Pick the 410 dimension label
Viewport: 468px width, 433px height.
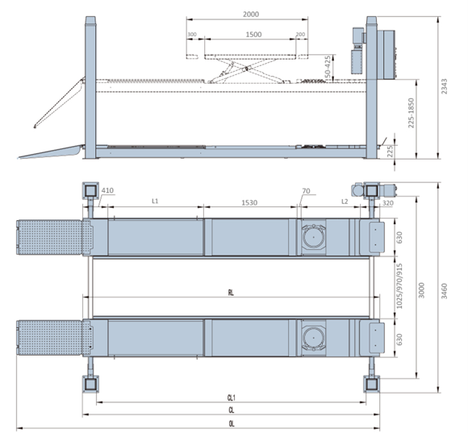tap(107, 191)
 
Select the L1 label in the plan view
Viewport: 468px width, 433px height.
tap(155, 201)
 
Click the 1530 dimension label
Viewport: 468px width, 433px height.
tap(249, 202)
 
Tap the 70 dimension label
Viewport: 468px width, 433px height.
tap(305, 191)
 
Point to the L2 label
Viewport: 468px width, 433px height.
tap(345, 201)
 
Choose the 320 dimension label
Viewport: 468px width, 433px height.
tap(387, 203)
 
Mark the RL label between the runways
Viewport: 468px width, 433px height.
tap(231, 294)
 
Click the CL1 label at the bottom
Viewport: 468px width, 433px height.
tap(231, 397)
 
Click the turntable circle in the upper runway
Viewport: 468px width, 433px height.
tap(312, 237)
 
